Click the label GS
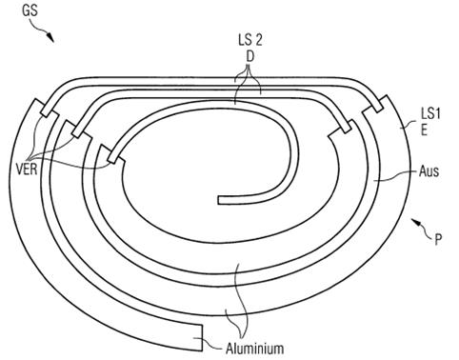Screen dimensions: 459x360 30,10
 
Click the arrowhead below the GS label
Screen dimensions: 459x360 50,37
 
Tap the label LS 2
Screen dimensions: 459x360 250,40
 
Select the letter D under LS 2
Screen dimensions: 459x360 250,57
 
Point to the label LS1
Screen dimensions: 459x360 430,113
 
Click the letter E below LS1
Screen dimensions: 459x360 424,130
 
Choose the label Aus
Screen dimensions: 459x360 429,171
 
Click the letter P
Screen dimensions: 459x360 438,240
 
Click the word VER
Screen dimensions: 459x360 27,170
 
